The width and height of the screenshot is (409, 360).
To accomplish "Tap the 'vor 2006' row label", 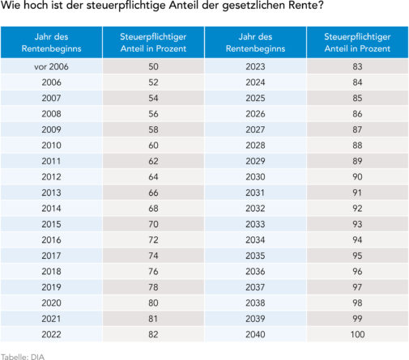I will tap(51, 66).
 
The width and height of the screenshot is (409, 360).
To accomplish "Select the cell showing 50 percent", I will tap(152, 66).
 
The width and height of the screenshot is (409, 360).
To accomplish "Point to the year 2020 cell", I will tap(51, 303).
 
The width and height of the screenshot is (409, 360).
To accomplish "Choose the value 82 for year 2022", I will tap(152, 334).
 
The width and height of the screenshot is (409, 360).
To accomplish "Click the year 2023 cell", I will tap(255, 66).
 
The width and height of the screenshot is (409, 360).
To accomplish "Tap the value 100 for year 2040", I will tap(357, 334).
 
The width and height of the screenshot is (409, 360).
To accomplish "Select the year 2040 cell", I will tap(255, 334).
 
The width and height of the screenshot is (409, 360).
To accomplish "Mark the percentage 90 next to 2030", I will tap(357, 176).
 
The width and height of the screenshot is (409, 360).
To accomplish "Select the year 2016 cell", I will tap(51, 239).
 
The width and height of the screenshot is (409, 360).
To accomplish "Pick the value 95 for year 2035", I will tap(357, 255).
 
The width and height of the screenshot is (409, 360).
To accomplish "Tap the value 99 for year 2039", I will tap(357, 318).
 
